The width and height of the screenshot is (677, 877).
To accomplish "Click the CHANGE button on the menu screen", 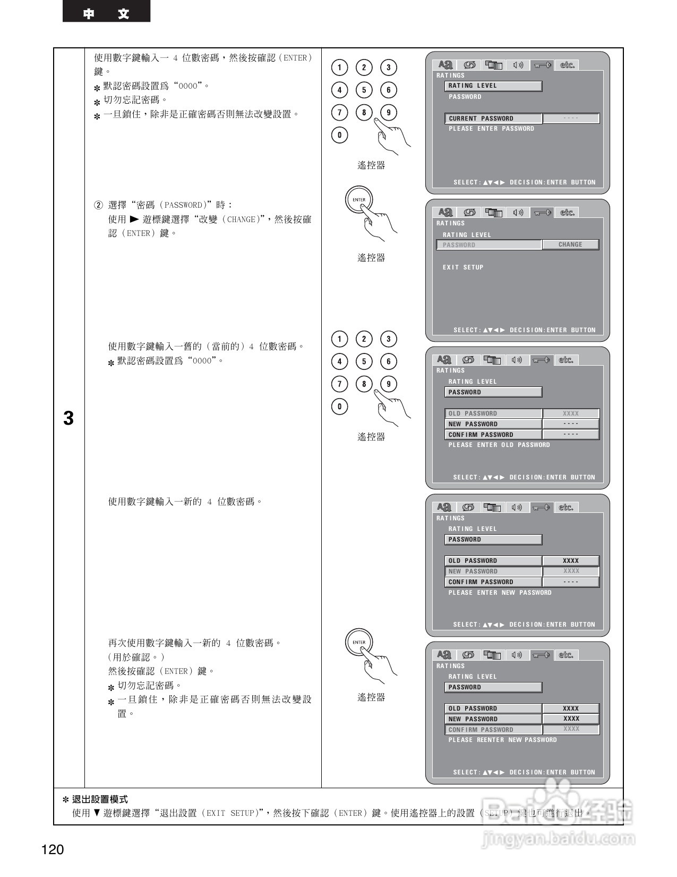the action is [x=570, y=244].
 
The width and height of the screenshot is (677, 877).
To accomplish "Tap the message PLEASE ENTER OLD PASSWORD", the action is [x=499, y=445].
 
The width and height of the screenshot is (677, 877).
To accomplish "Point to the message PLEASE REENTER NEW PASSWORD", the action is [x=502, y=740].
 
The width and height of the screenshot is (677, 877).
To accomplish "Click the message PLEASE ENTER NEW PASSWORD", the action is [x=500, y=593].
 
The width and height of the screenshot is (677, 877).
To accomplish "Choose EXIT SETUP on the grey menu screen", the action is [x=463, y=267].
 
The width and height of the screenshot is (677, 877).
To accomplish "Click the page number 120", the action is [x=53, y=850].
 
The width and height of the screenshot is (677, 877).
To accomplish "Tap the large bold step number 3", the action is [x=68, y=419].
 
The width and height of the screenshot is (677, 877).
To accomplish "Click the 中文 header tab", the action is [x=106, y=13].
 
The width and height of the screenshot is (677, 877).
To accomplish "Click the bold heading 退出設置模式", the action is [x=100, y=799].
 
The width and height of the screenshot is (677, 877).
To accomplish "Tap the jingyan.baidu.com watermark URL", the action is [x=558, y=839].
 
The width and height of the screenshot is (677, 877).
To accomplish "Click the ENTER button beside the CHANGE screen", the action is [x=359, y=200].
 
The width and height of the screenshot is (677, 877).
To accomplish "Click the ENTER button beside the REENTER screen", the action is [x=359, y=642].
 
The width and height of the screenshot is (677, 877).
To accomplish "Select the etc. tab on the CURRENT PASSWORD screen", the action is [x=567, y=65].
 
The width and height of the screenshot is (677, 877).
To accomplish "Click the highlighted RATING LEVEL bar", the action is [x=493, y=86].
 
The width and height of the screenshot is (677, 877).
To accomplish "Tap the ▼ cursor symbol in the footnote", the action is [x=97, y=813].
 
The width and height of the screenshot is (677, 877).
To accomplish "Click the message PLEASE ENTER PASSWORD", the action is [x=491, y=129].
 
